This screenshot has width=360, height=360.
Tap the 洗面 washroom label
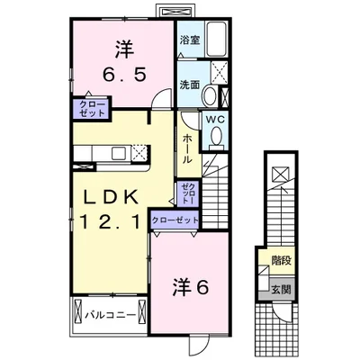click(188, 85)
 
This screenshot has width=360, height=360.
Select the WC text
click(216, 118)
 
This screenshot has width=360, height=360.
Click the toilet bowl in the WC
click(216, 136)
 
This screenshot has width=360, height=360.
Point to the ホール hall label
click(185, 148)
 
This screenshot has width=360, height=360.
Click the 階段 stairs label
click(281, 261)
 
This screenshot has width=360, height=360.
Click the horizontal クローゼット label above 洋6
click(175, 219)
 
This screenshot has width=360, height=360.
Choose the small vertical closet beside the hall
click(186, 191)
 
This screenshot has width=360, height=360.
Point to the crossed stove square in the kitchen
click(138, 153)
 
